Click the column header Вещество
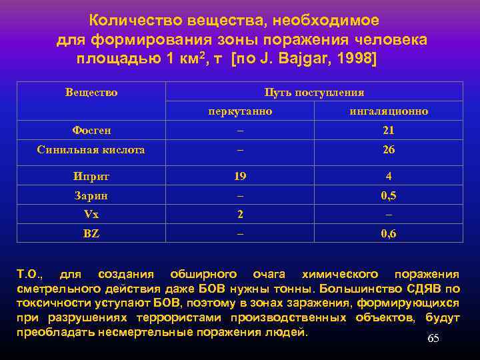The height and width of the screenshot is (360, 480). (91, 93)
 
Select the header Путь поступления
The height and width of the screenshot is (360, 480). (314, 93)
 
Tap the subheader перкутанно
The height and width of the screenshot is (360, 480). (240, 111)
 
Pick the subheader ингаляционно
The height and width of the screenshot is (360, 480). (389, 111)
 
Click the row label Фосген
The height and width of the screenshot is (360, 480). (91, 131)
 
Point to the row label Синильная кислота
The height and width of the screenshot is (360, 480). (91, 150)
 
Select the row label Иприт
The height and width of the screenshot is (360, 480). (91, 177)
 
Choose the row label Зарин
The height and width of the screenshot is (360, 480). (91, 196)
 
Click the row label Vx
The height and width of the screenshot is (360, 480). (91, 215)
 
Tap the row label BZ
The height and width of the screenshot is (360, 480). (91, 234)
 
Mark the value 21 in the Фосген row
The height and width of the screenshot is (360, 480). (389, 131)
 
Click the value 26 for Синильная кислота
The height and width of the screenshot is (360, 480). (389, 150)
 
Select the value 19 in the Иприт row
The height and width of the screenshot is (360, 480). (240, 177)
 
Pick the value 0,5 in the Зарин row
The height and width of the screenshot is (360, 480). (389, 196)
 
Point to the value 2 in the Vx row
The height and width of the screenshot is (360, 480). (240, 215)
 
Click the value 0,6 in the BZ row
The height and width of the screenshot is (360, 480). (389, 234)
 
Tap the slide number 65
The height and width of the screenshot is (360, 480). (433, 339)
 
